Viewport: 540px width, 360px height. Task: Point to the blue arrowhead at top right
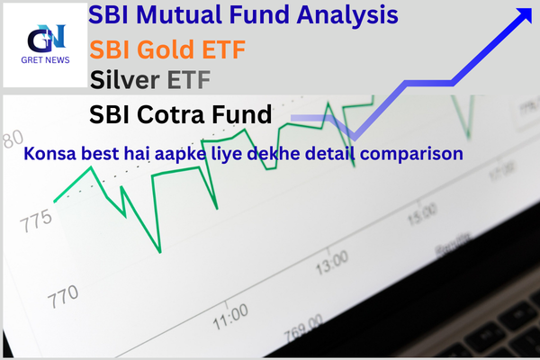pos(523,16)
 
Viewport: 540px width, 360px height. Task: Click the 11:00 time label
pos(229,315)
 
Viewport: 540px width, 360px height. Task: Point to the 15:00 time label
pos(421,217)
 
